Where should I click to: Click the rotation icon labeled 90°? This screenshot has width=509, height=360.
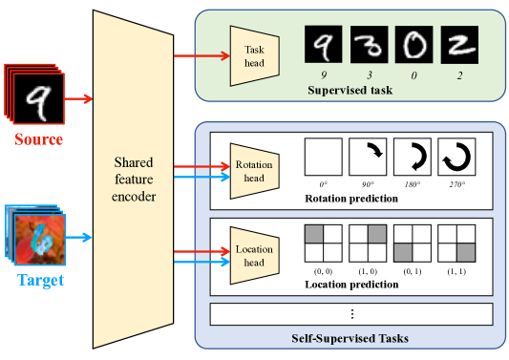(x=367, y=157)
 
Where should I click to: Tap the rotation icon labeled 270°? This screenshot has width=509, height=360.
(x=456, y=157)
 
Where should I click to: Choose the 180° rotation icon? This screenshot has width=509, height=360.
(x=412, y=157)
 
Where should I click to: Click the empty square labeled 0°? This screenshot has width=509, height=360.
(x=323, y=157)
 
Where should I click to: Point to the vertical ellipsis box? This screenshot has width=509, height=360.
(x=350, y=314)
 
